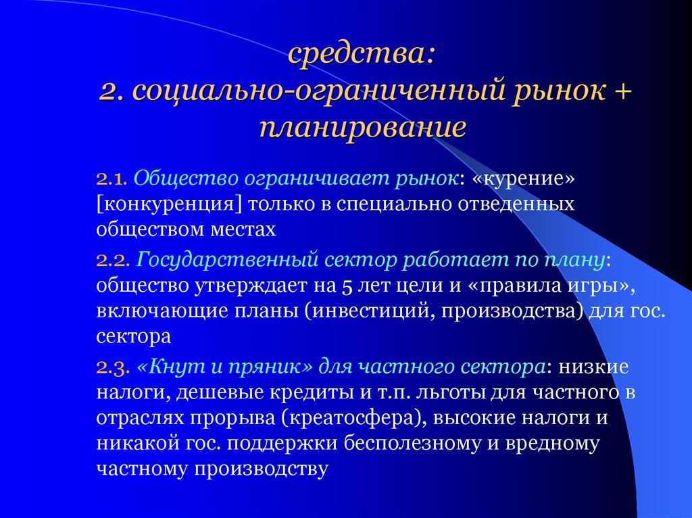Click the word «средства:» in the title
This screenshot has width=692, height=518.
tap(362, 55)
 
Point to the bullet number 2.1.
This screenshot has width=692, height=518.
tap(112, 180)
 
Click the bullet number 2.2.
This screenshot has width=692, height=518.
tap(112, 260)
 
